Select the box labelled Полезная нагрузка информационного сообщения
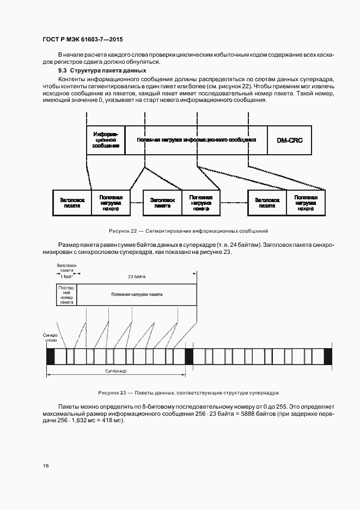(196, 139)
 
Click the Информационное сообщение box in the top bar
(106, 139)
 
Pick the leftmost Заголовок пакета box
(72, 203)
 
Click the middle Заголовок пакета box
(162, 203)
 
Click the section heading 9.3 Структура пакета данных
(102, 70)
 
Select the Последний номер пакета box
(66, 294)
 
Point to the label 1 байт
(66, 277)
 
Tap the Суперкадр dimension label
(116, 370)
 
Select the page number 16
(46, 466)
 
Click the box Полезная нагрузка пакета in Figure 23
(136, 294)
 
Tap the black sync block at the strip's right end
(327, 356)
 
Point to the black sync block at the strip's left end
(51, 356)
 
